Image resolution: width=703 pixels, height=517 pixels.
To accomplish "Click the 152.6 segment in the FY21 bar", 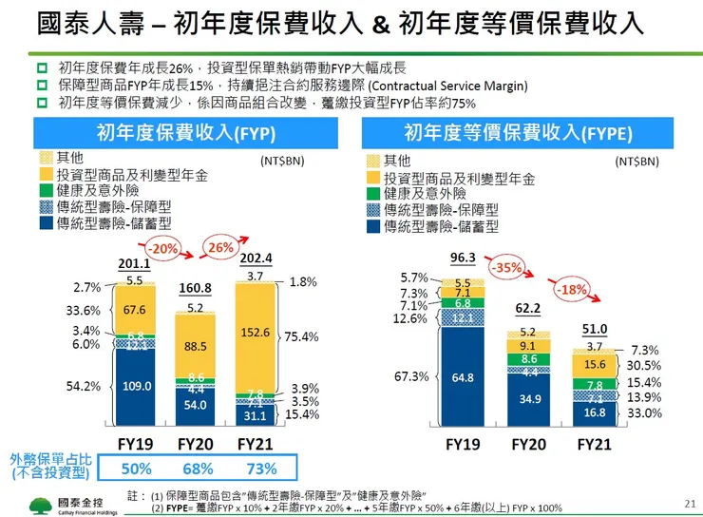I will coord(256,332).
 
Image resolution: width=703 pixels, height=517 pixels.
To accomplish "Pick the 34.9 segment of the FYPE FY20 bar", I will coord(530,396).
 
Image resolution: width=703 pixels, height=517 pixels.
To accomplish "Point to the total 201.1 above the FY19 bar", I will coord(135,263).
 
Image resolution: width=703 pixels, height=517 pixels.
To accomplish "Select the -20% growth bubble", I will coord(164,249).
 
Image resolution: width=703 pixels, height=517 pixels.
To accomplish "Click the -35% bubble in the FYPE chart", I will coord(509,268).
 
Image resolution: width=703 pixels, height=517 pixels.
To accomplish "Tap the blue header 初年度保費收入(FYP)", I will coord(180,132).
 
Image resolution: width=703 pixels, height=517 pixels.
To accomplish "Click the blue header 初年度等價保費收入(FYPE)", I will coord(518,132).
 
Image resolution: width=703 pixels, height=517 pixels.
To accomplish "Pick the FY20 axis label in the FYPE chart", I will coord(529,444).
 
